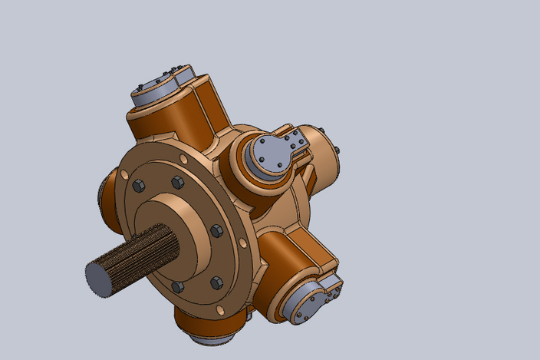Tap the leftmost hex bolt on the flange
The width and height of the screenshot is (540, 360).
[x=139, y=186]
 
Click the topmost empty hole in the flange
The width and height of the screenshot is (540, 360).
[x=183, y=159]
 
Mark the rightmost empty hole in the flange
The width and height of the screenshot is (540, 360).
[x=243, y=243]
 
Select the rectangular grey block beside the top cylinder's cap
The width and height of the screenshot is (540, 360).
[x=187, y=75]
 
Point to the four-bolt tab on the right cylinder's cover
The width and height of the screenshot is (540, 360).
[x=295, y=143]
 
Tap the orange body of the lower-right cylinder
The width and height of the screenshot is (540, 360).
[x=288, y=257]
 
